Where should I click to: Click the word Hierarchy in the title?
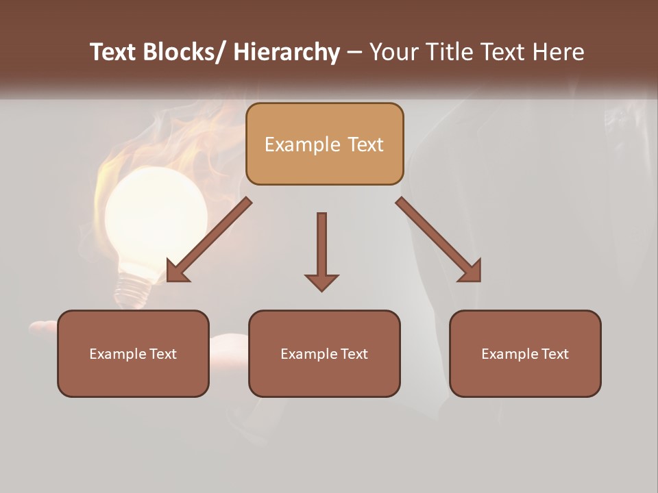coord(287,52)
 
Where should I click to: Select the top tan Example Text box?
coord(324,144)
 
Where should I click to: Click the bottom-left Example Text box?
coord(133,353)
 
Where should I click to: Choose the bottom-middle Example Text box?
coord(324,353)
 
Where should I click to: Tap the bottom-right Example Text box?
coord(525,353)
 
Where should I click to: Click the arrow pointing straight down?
coord(321,250)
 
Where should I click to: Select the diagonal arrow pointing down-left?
coord(208,240)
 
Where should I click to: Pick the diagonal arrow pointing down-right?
coord(439,240)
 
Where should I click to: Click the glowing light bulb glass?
coord(156,212)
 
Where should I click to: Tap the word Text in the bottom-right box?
coord(555,354)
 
